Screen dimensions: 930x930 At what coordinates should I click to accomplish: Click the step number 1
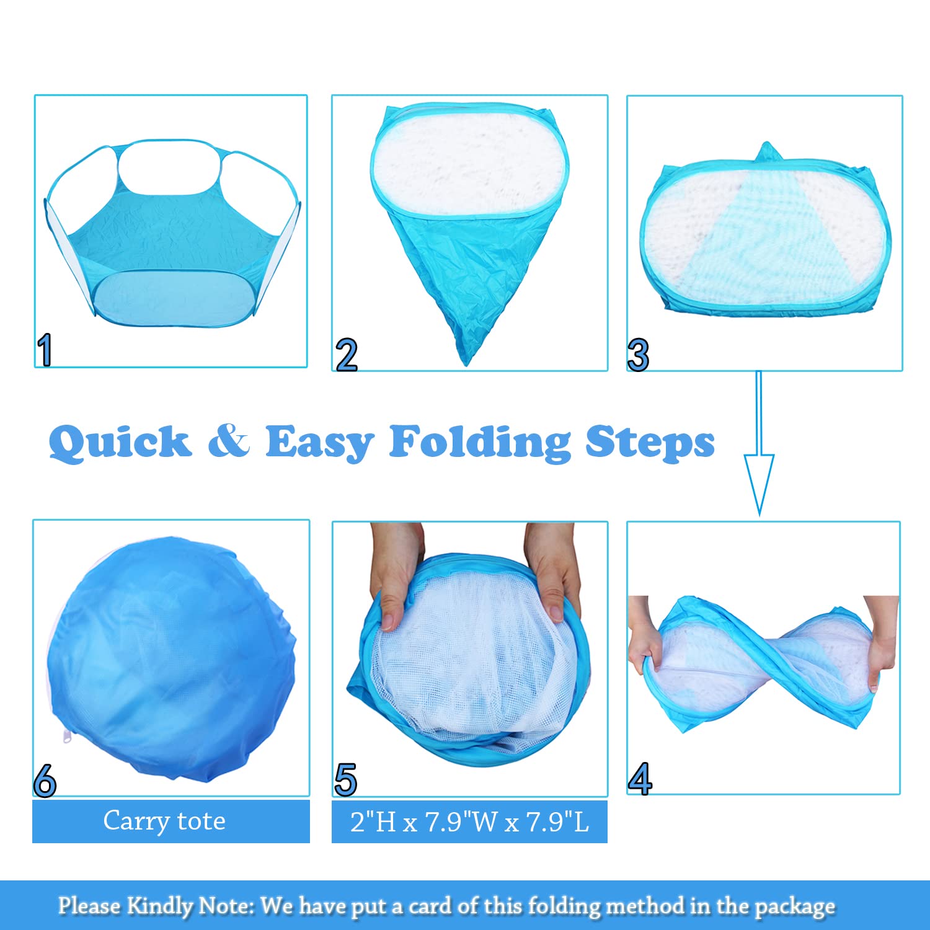tap(44, 350)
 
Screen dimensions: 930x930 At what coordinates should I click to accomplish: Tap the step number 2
tap(347, 355)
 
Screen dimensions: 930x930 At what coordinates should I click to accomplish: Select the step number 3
tap(638, 355)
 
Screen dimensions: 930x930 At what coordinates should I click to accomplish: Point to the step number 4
tap(640, 779)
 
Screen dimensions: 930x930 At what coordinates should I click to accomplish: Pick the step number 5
tap(345, 779)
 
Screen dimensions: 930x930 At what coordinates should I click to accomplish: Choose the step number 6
tap(45, 781)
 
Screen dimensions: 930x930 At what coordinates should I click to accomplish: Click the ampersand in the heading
tap(229, 441)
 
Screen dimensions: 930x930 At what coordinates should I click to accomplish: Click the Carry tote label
tap(164, 821)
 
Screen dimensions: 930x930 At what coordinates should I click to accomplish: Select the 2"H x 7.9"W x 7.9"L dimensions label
tap(469, 822)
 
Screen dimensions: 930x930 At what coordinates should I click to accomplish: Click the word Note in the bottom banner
tap(226, 906)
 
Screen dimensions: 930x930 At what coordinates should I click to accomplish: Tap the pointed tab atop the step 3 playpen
tap(766, 151)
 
